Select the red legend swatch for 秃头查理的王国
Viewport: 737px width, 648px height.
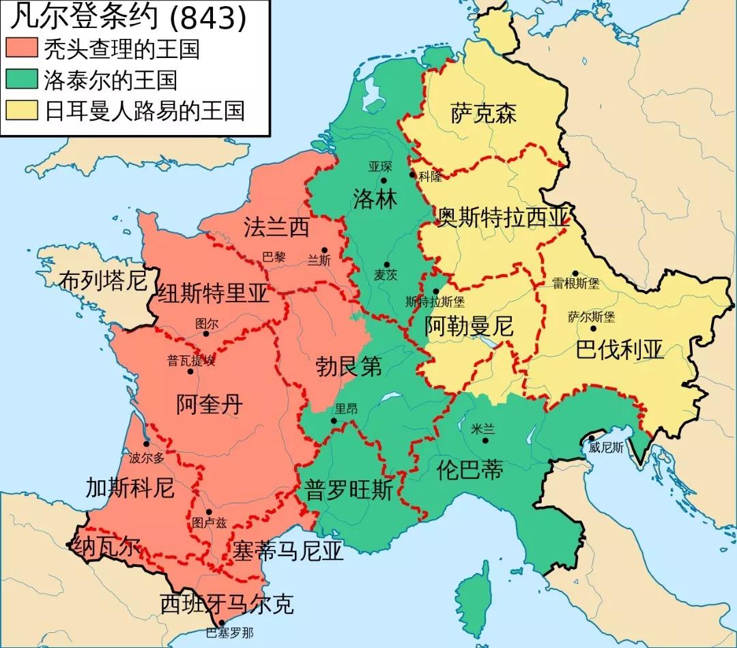pyautogui.click(x=23, y=50)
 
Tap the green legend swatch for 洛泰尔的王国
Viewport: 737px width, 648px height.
pyautogui.click(x=23, y=80)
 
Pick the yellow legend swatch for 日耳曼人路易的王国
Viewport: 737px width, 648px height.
pyautogui.click(x=23, y=111)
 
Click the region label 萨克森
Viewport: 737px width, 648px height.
pyautogui.click(x=483, y=113)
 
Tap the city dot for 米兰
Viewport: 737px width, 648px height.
pyautogui.click(x=485, y=441)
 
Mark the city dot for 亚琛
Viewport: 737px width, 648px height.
pyautogui.click(x=384, y=180)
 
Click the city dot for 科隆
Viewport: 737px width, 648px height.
pyautogui.click(x=412, y=175)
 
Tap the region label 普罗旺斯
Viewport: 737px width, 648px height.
pyautogui.click(x=349, y=490)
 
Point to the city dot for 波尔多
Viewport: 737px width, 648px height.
pyautogui.click(x=146, y=444)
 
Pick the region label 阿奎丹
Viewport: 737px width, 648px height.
pyautogui.click(x=209, y=404)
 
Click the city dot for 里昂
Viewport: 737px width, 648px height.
pyautogui.click(x=334, y=421)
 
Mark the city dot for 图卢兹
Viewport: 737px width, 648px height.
pyautogui.click(x=208, y=511)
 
